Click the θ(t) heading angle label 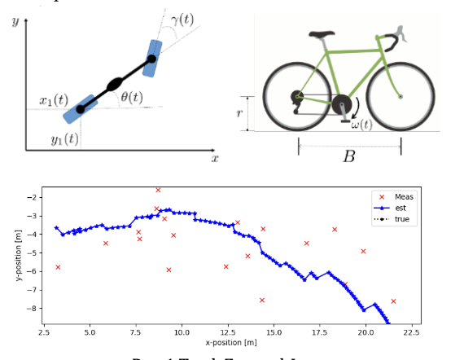131,97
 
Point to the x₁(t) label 55,101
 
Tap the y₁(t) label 63,138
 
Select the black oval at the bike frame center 114,84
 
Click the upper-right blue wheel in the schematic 151,57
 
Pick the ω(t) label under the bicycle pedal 361,124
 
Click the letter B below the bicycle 348,156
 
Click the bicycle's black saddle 322,36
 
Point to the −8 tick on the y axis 32,308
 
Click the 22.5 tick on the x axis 411,332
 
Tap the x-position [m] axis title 230,343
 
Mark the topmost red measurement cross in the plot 158,190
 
